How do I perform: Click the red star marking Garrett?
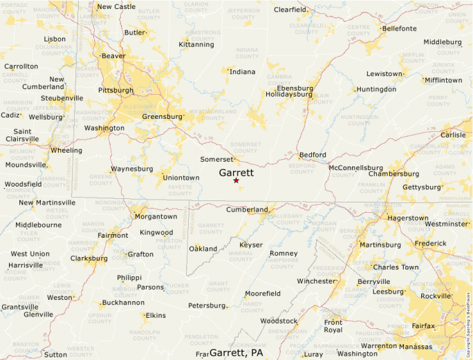pos(236,180)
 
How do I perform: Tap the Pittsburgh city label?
pos(115,91)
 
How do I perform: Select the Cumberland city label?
pos(247,209)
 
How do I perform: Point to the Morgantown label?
pos(156,216)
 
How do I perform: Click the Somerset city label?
pos(217,160)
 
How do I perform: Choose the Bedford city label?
pos(313,155)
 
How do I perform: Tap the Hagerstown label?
pos(407,218)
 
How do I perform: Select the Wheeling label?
pos(66,150)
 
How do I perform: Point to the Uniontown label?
pos(180,178)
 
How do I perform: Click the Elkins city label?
pos(155,316)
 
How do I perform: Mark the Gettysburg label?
pos(421,187)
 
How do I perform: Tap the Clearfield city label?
pos(290,10)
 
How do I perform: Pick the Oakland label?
pos(203,249)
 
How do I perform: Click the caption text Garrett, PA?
pos(236,352)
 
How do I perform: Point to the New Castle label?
pos(116,7)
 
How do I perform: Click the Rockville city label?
pos(436,296)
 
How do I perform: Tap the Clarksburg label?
pos(89,258)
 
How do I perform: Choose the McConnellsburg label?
pos(355,168)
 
